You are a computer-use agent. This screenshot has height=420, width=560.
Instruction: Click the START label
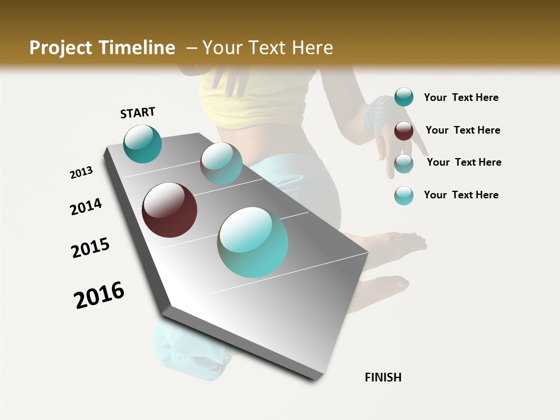pyautogui.click(x=138, y=113)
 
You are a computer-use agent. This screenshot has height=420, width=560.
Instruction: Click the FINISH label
pyautogui.click(x=383, y=377)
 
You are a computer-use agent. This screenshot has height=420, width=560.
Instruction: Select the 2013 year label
pyautogui.click(x=82, y=173)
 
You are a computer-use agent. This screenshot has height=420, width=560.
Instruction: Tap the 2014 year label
pyautogui.click(x=86, y=206)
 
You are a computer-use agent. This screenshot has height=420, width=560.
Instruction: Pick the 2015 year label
pyautogui.click(x=90, y=248)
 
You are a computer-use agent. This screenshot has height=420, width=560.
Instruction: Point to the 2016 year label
pyautogui.click(x=99, y=295)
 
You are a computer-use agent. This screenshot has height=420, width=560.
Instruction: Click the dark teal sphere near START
pyautogui.click(x=142, y=143)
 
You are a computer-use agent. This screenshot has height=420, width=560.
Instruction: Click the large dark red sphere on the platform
pyautogui.click(x=169, y=210)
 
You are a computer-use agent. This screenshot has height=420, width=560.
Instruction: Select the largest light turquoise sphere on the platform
pyautogui.click(x=253, y=242)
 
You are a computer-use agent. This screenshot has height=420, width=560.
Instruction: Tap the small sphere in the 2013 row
pyautogui.click(x=221, y=163)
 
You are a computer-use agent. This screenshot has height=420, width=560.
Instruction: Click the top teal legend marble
pyautogui.click(x=404, y=97)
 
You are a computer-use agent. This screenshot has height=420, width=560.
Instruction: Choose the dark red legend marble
pyautogui.click(x=404, y=131)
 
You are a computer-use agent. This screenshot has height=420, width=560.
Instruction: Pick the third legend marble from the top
pyautogui.click(x=404, y=163)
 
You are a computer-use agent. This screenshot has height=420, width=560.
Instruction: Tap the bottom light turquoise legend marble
pyautogui.click(x=404, y=195)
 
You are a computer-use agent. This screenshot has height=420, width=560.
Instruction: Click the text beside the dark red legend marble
pyautogui.click(x=463, y=130)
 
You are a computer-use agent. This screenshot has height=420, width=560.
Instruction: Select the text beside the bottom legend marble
pyautogui.click(x=461, y=195)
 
